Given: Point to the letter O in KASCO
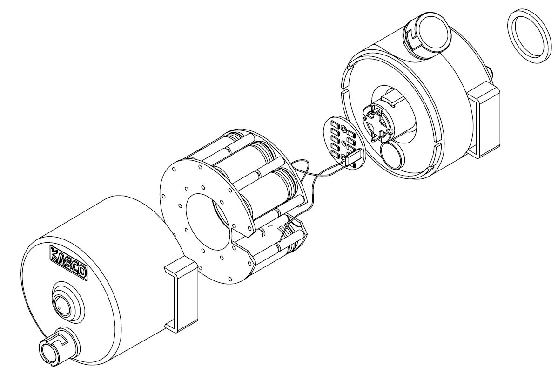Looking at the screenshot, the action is [81, 272].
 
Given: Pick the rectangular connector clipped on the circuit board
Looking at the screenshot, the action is [354, 157].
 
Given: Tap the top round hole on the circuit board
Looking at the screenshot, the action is [344, 128].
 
